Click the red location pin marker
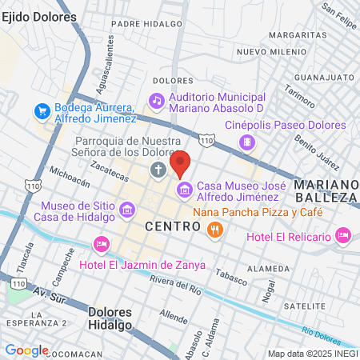180,162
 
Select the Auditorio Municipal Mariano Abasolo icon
157,101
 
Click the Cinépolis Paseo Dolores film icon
247,142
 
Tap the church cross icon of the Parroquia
158,170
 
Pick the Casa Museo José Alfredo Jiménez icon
185,190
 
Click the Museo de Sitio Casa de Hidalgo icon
126,210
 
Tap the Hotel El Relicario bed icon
342,235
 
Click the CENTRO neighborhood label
172,227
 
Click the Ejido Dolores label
39,16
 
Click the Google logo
26,350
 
